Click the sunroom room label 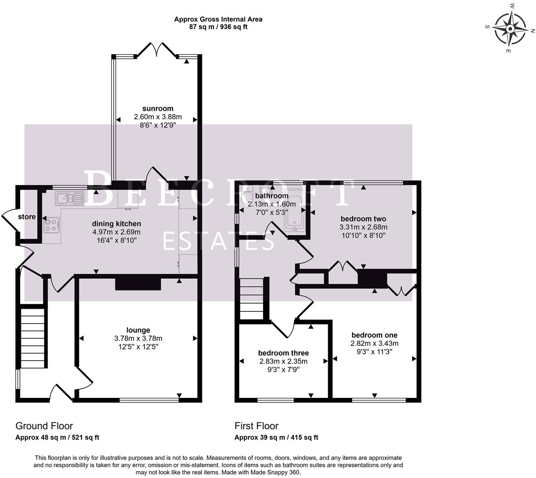click(x=158, y=109)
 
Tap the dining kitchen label click(x=116, y=224)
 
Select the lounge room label click(x=138, y=330)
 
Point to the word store click(x=27, y=217)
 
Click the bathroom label click(x=272, y=196)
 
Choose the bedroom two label click(x=364, y=219)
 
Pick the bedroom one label click(x=374, y=335)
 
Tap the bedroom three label click(x=283, y=353)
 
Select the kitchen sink click(x=70, y=198)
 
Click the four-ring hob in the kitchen click(x=52, y=225)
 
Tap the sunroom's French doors click(x=157, y=50)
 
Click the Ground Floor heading click(x=44, y=425)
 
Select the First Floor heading click(x=256, y=425)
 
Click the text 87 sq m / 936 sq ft click(x=218, y=27)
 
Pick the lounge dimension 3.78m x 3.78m click(x=138, y=339)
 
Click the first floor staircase click(x=252, y=298)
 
